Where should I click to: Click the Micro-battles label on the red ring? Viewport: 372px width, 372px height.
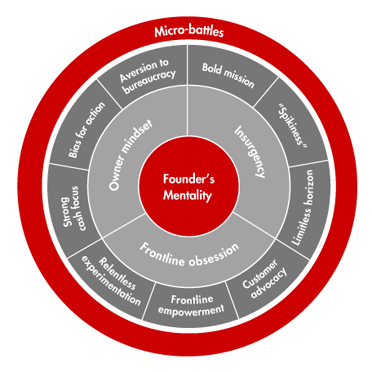point(189,32)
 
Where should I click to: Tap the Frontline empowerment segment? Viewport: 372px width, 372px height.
point(191,304)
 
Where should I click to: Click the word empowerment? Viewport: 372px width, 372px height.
point(191,309)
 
